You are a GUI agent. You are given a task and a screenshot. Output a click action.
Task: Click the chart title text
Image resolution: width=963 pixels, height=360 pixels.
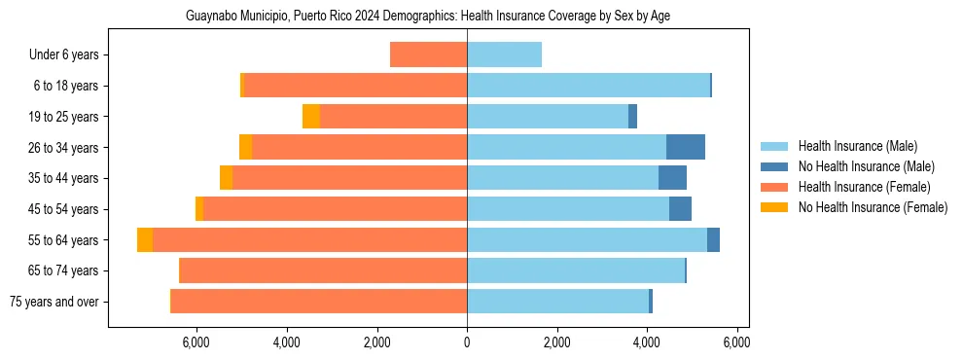click(x=427, y=17)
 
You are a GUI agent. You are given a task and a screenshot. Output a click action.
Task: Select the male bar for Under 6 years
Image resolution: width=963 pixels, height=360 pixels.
click(x=504, y=54)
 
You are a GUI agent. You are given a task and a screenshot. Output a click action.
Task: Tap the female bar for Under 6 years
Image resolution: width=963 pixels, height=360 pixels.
click(x=428, y=54)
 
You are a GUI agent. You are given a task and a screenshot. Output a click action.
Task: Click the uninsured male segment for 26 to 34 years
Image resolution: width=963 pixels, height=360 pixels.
click(x=685, y=147)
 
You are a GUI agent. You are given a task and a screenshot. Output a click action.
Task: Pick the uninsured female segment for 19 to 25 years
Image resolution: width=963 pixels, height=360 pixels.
click(x=311, y=117)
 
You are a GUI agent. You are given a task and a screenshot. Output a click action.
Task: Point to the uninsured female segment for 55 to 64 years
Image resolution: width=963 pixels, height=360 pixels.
click(x=145, y=239)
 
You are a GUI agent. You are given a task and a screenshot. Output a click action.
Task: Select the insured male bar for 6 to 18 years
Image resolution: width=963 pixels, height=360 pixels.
click(x=588, y=86)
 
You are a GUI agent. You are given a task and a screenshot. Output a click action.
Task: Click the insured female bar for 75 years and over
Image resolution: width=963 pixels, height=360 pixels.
click(x=319, y=301)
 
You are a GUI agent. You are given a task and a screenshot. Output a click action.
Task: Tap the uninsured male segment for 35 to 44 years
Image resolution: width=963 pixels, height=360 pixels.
click(x=672, y=178)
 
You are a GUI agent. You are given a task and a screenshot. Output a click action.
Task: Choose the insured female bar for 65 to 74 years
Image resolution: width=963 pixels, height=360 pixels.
click(x=324, y=270)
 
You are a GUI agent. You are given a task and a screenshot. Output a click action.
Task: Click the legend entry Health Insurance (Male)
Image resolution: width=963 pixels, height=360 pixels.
click(x=857, y=146)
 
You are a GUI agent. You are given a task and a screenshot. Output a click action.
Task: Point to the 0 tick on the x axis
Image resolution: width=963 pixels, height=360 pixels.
click(x=467, y=342)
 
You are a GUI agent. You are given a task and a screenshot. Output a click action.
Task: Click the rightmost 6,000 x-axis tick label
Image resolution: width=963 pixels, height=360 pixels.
click(x=736, y=342)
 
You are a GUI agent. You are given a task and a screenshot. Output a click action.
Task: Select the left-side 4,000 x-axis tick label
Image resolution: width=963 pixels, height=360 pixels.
click(x=287, y=342)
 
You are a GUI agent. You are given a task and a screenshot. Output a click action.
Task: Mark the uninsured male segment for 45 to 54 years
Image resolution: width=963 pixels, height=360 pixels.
click(x=680, y=209)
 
